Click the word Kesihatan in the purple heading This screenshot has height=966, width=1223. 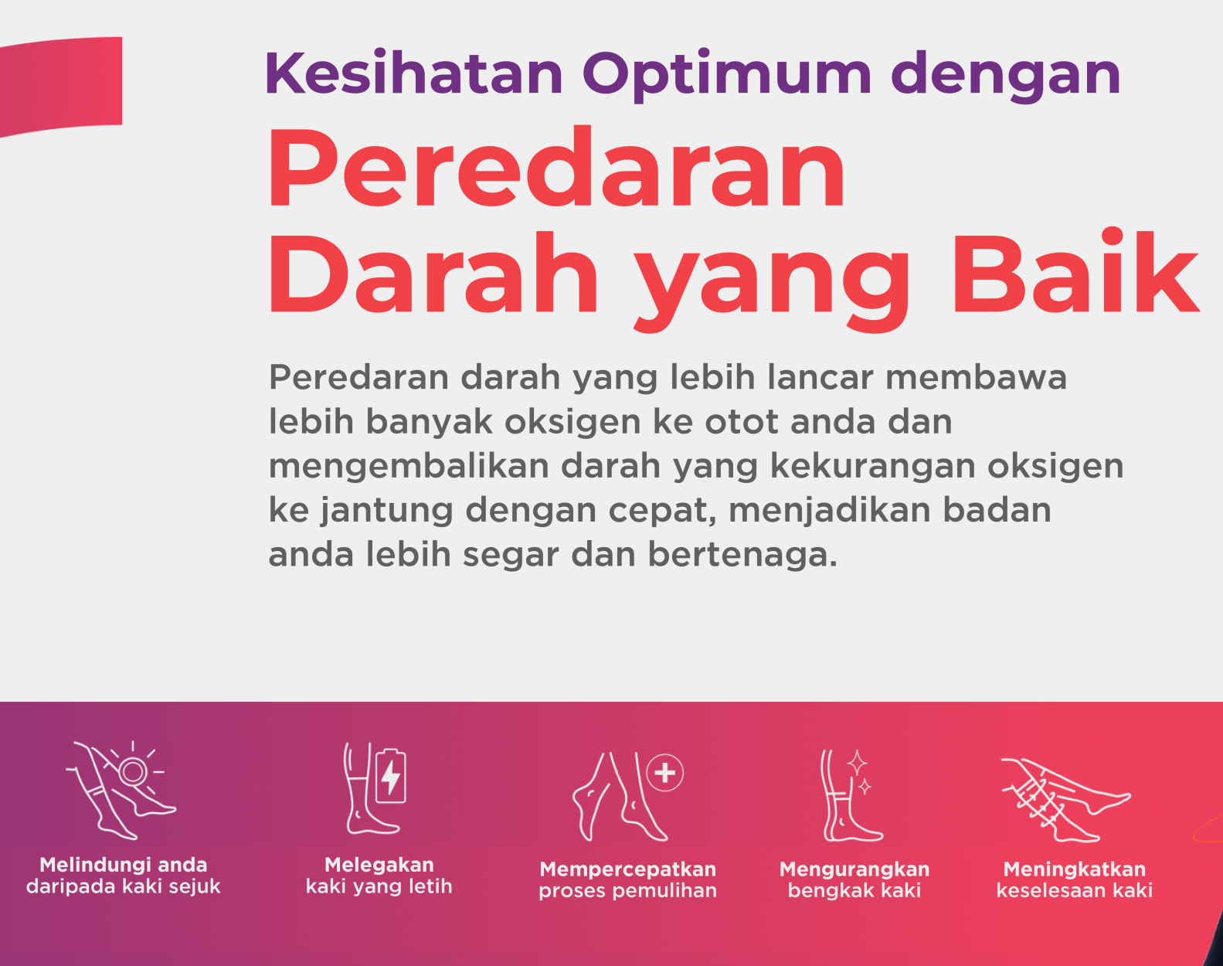coord(414,73)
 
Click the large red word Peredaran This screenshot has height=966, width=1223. coord(556,167)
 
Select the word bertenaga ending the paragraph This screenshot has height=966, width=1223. coord(742,555)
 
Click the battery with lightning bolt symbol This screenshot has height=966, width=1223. coord(390,776)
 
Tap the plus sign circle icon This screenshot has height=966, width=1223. coord(664,772)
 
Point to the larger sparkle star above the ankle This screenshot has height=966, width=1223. coord(857,762)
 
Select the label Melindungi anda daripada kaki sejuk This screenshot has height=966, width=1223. coord(124,876)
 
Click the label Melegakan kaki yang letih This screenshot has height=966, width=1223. coord(379,876)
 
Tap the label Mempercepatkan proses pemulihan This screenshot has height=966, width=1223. coord(627,879)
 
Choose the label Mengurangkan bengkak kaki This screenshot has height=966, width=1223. coord(854,879)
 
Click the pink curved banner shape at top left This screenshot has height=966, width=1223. coord(59,85)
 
